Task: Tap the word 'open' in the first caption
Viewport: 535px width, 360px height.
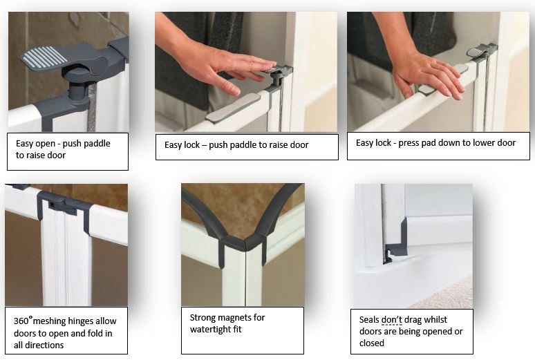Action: (45, 144)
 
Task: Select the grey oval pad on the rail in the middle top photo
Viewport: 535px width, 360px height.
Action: (233, 106)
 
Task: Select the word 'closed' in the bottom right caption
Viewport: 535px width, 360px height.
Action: (372, 343)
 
